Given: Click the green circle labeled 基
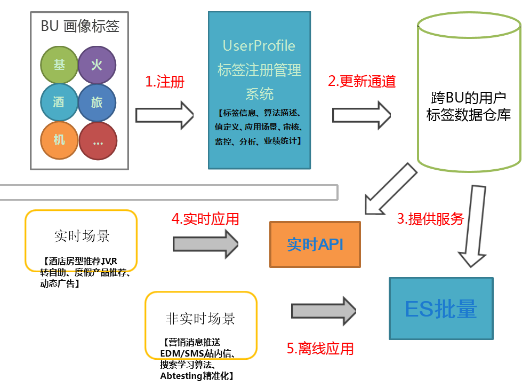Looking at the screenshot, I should pos(59,65).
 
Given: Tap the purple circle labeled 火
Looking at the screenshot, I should pos(97,65).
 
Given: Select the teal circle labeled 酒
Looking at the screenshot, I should pos(59,102).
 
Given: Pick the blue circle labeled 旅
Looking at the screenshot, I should pos(97,102).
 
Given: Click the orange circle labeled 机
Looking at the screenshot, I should pos(59,140).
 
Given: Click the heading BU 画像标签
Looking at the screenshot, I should pos(80,26).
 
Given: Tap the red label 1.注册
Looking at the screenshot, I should pos(165,82).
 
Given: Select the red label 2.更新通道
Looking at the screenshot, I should pos(362,82).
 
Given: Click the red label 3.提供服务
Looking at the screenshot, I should pos(430,219).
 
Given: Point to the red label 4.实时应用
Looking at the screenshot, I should pos(205,219).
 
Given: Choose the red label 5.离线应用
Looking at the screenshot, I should pos(320,349).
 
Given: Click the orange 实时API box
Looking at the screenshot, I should pos(315,244).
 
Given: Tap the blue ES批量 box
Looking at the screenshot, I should pos(441,309).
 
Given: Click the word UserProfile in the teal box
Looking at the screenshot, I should pos(259,45).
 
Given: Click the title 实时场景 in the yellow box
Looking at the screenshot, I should pos(82,236).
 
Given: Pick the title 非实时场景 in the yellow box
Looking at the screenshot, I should pos(200,319).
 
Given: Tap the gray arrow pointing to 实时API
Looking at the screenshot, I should pos(205,244).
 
